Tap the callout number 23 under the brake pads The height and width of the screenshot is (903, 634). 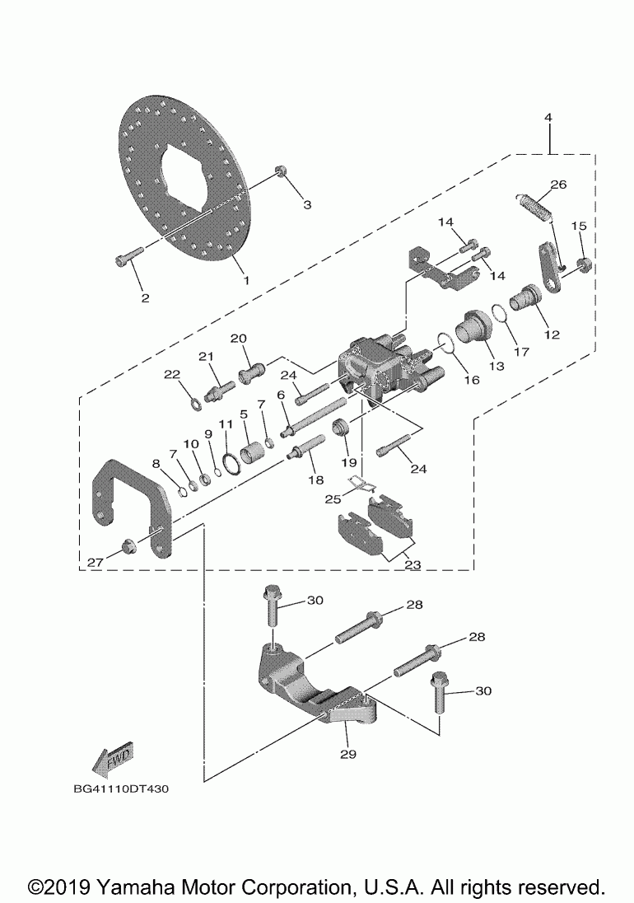pyautogui.click(x=412, y=565)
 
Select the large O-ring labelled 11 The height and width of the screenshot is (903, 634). pyautogui.click(x=230, y=464)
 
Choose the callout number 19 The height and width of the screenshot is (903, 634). pyautogui.click(x=345, y=462)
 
